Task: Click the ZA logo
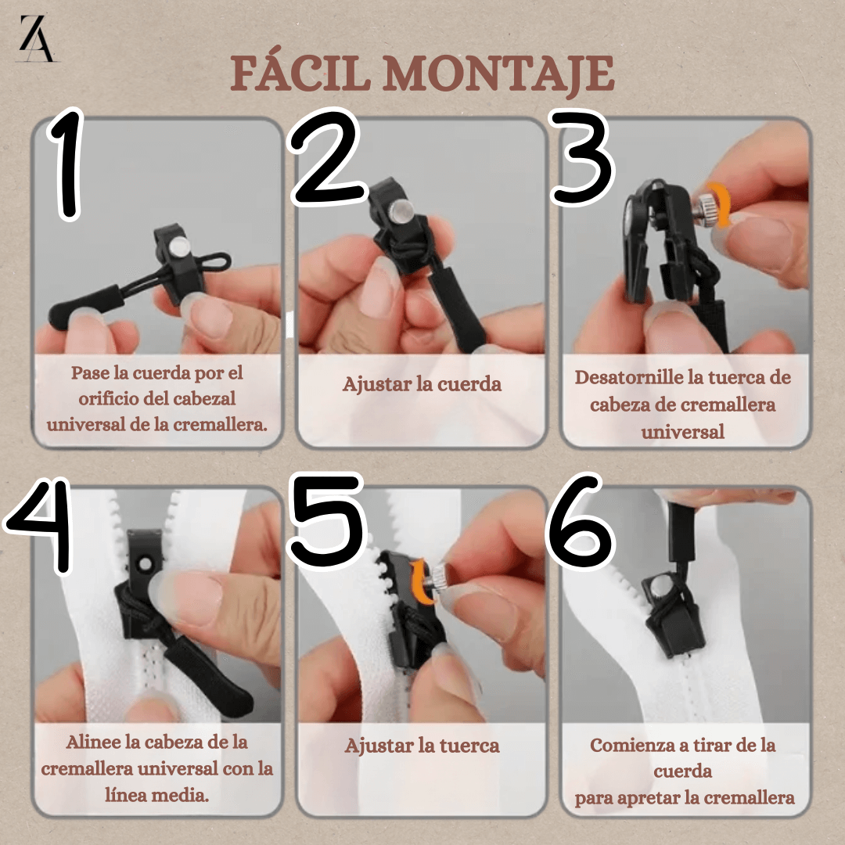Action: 38,39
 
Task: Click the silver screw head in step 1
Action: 179,247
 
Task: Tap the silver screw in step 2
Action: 403,209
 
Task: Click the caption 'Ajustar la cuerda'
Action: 421,384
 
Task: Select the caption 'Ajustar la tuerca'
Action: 421,746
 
